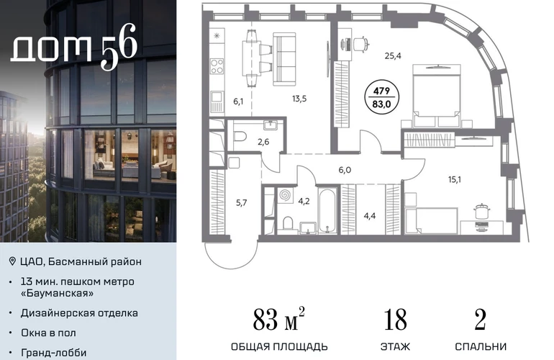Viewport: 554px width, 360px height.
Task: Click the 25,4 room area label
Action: [393, 55]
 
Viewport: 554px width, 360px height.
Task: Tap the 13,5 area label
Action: [299, 99]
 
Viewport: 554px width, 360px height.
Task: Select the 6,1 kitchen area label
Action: [238, 102]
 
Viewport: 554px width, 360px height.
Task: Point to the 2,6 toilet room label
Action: [263, 142]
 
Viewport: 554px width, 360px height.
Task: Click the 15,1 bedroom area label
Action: [455, 180]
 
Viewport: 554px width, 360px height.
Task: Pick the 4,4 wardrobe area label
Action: [370, 216]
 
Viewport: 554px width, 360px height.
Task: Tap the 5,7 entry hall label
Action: [241, 202]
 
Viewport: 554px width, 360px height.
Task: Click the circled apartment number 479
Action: [381, 91]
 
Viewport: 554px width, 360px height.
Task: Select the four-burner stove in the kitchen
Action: [217, 66]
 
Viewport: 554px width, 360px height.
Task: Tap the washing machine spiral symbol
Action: [285, 196]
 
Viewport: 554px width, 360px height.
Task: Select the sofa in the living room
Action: [284, 58]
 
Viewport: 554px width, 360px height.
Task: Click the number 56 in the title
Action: [119, 47]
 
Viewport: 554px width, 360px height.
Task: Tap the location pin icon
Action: [12, 261]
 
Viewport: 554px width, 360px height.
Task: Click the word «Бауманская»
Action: [58, 293]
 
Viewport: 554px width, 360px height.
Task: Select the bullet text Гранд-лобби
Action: [54, 353]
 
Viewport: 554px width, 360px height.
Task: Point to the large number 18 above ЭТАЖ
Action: [395, 320]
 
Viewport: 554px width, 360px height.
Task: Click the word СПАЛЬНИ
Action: [481, 346]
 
